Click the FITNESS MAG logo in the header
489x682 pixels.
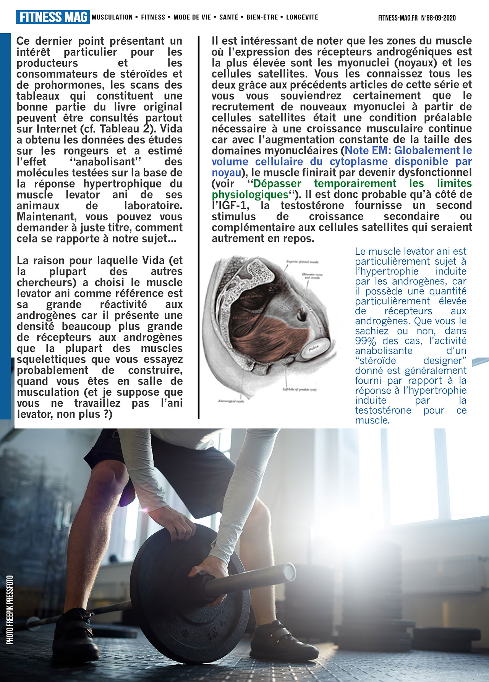pyautogui.click(x=53, y=17)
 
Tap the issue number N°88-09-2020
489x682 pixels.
pyautogui.click(x=438, y=18)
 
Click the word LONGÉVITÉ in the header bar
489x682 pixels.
pyautogui.click(x=302, y=17)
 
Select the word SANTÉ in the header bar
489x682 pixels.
pyautogui.click(x=229, y=17)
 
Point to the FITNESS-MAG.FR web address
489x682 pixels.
pyautogui.click(x=398, y=18)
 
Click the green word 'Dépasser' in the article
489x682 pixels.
pyautogui.click(x=277, y=184)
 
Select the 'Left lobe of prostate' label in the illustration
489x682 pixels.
pyautogui.click(x=300, y=390)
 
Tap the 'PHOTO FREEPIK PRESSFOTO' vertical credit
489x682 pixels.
pyautogui.click(x=10, y=610)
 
